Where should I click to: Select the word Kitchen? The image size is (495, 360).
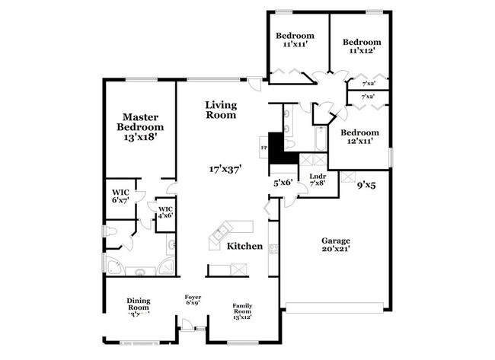pos(244,247)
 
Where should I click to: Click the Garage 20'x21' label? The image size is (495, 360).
pos(335,246)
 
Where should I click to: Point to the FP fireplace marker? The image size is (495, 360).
pos(264,147)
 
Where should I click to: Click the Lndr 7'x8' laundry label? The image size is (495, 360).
pos(318,180)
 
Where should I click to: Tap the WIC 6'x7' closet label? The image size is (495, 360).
pos(120,196)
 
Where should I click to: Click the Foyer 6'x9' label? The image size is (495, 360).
pos(193,300)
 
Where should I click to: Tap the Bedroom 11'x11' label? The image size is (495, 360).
pos(295,40)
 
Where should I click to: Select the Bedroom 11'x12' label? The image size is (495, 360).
pos(361,47)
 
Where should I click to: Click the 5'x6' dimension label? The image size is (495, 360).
pos(283,183)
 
